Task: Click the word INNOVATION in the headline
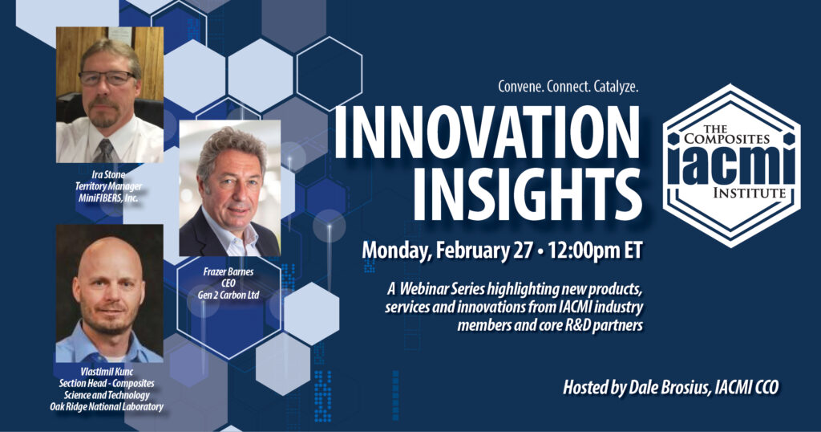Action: (x=487, y=132)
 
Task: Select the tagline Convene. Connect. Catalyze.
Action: (x=568, y=87)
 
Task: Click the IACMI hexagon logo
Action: (x=731, y=165)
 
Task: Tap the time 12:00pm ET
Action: (x=594, y=250)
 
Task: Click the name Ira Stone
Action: (x=108, y=174)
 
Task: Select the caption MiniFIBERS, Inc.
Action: (x=108, y=198)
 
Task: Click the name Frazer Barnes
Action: (x=229, y=271)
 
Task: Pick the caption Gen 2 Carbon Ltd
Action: (x=229, y=295)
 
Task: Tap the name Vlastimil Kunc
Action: (x=107, y=372)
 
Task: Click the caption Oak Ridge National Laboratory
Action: (x=107, y=406)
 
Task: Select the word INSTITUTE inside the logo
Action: (x=750, y=193)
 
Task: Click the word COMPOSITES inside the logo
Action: (x=727, y=139)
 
